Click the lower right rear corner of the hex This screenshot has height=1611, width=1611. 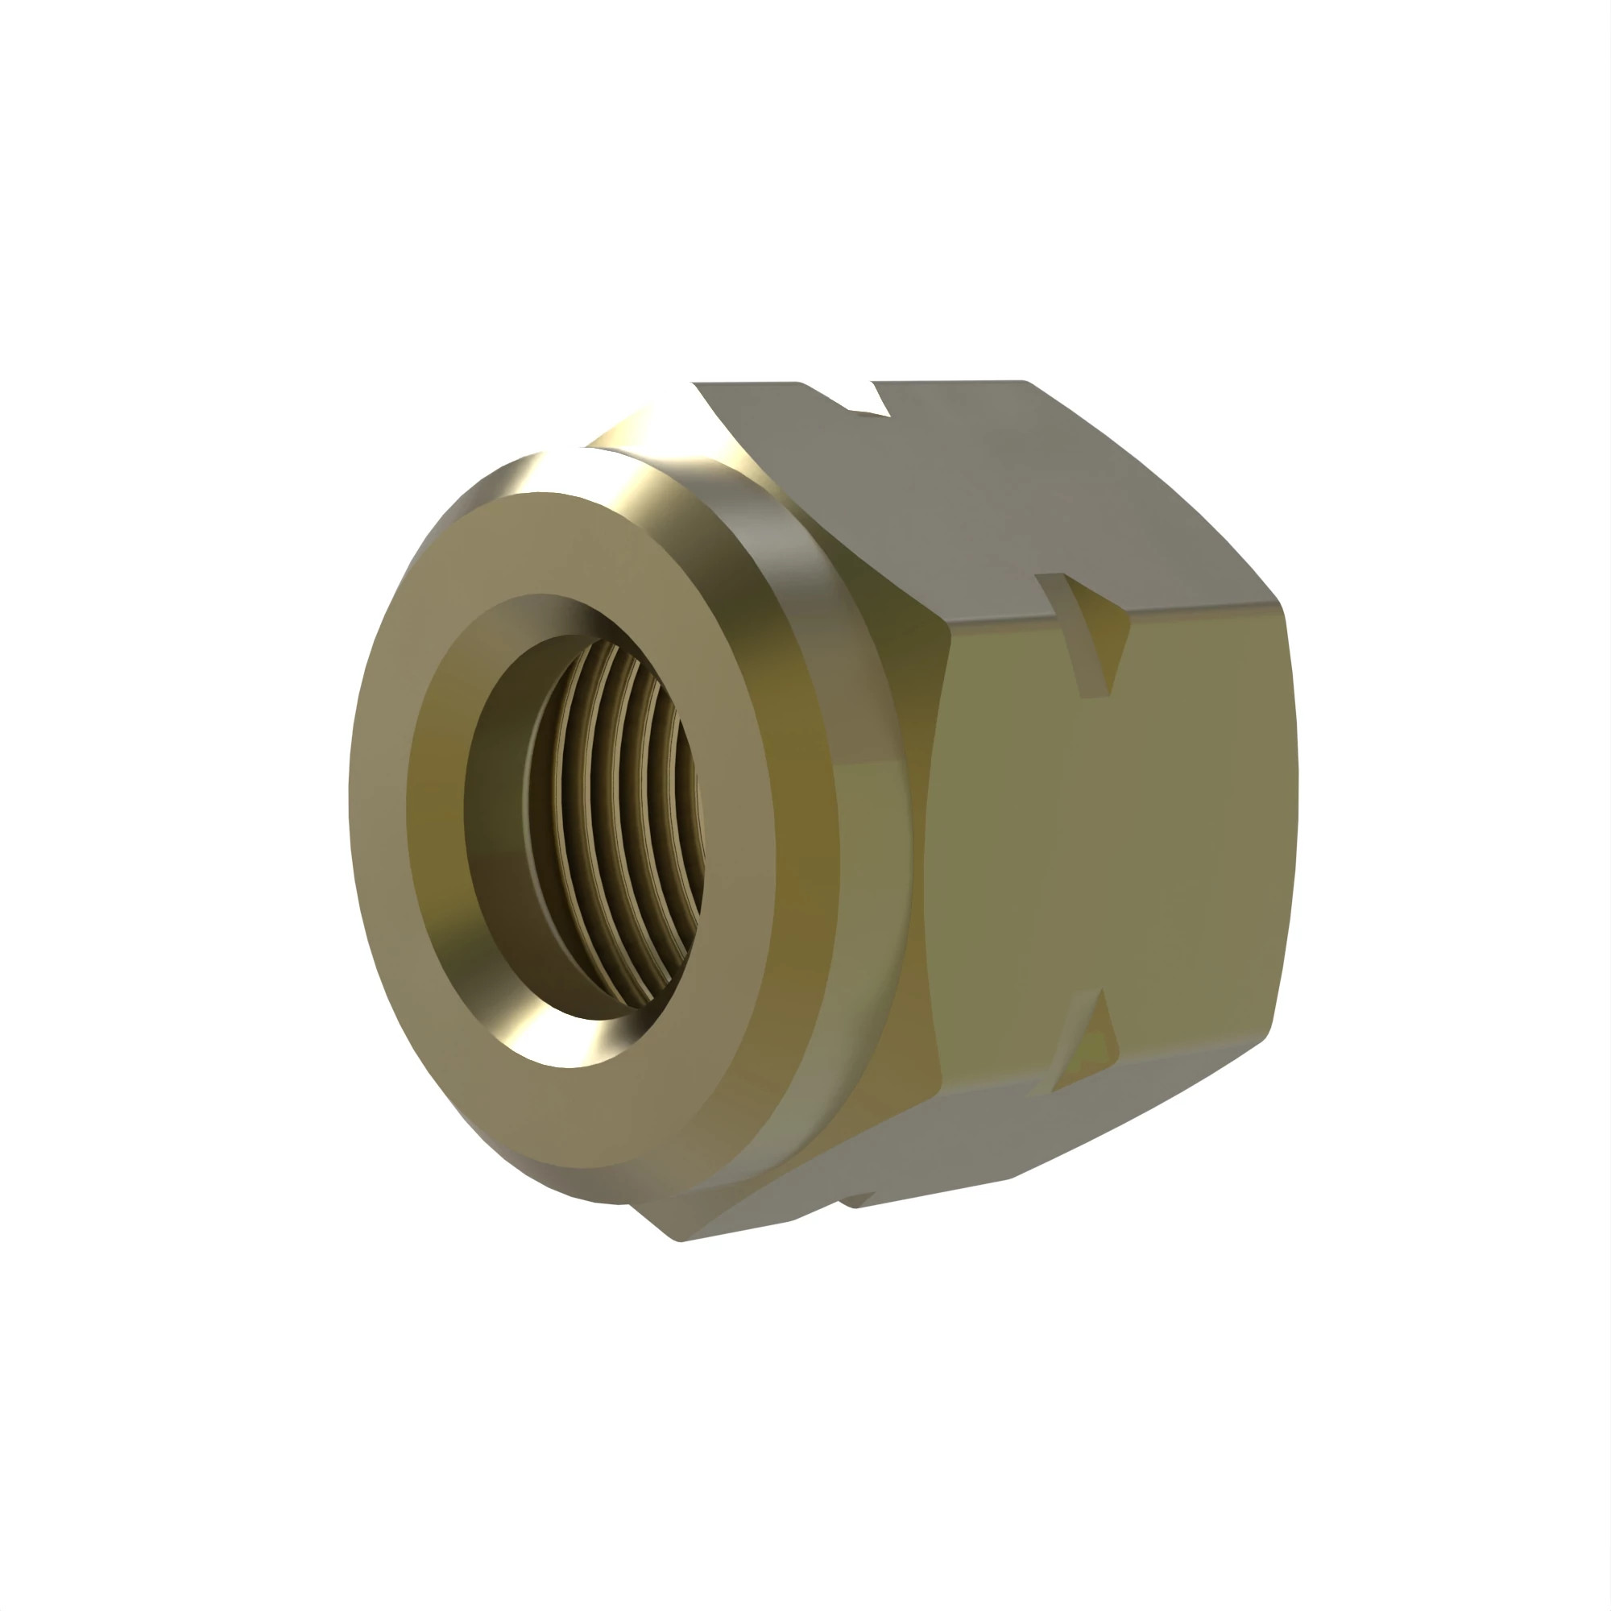point(1267,1034)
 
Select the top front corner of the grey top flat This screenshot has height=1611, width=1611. point(694,383)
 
